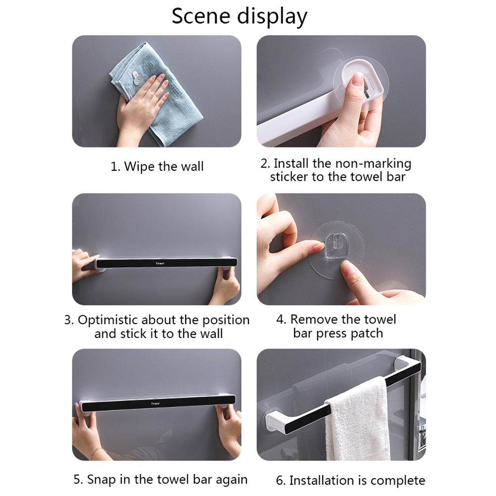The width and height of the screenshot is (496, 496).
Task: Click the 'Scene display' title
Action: [239, 16]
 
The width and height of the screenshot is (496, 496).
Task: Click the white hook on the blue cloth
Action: [137, 78]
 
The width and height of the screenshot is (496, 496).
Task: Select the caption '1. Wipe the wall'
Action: [157, 166]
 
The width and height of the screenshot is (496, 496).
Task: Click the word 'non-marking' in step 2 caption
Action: [373, 163]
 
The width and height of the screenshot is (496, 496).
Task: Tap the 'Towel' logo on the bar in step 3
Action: [160, 263]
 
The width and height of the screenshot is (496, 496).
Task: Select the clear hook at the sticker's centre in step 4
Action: [335, 247]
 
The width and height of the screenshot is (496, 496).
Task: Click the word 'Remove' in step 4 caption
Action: [314, 319]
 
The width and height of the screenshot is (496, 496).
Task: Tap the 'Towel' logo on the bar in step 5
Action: [155, 403]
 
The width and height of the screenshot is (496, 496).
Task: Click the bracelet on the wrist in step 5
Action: [97, 452]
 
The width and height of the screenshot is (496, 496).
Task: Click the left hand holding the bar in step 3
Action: [83, 265]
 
